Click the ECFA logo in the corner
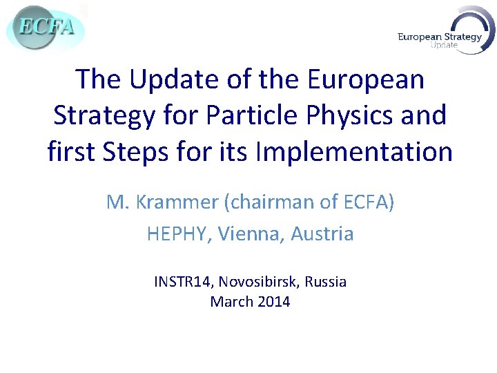(46, 28)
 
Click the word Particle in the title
(244, 115)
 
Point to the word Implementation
(353, 151)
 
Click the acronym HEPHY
(179, 234)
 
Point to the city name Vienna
(251, 234)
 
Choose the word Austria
(322, 234)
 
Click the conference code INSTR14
(184, 282)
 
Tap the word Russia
(326, 282)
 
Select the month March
(231, 302)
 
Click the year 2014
(273, 302)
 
